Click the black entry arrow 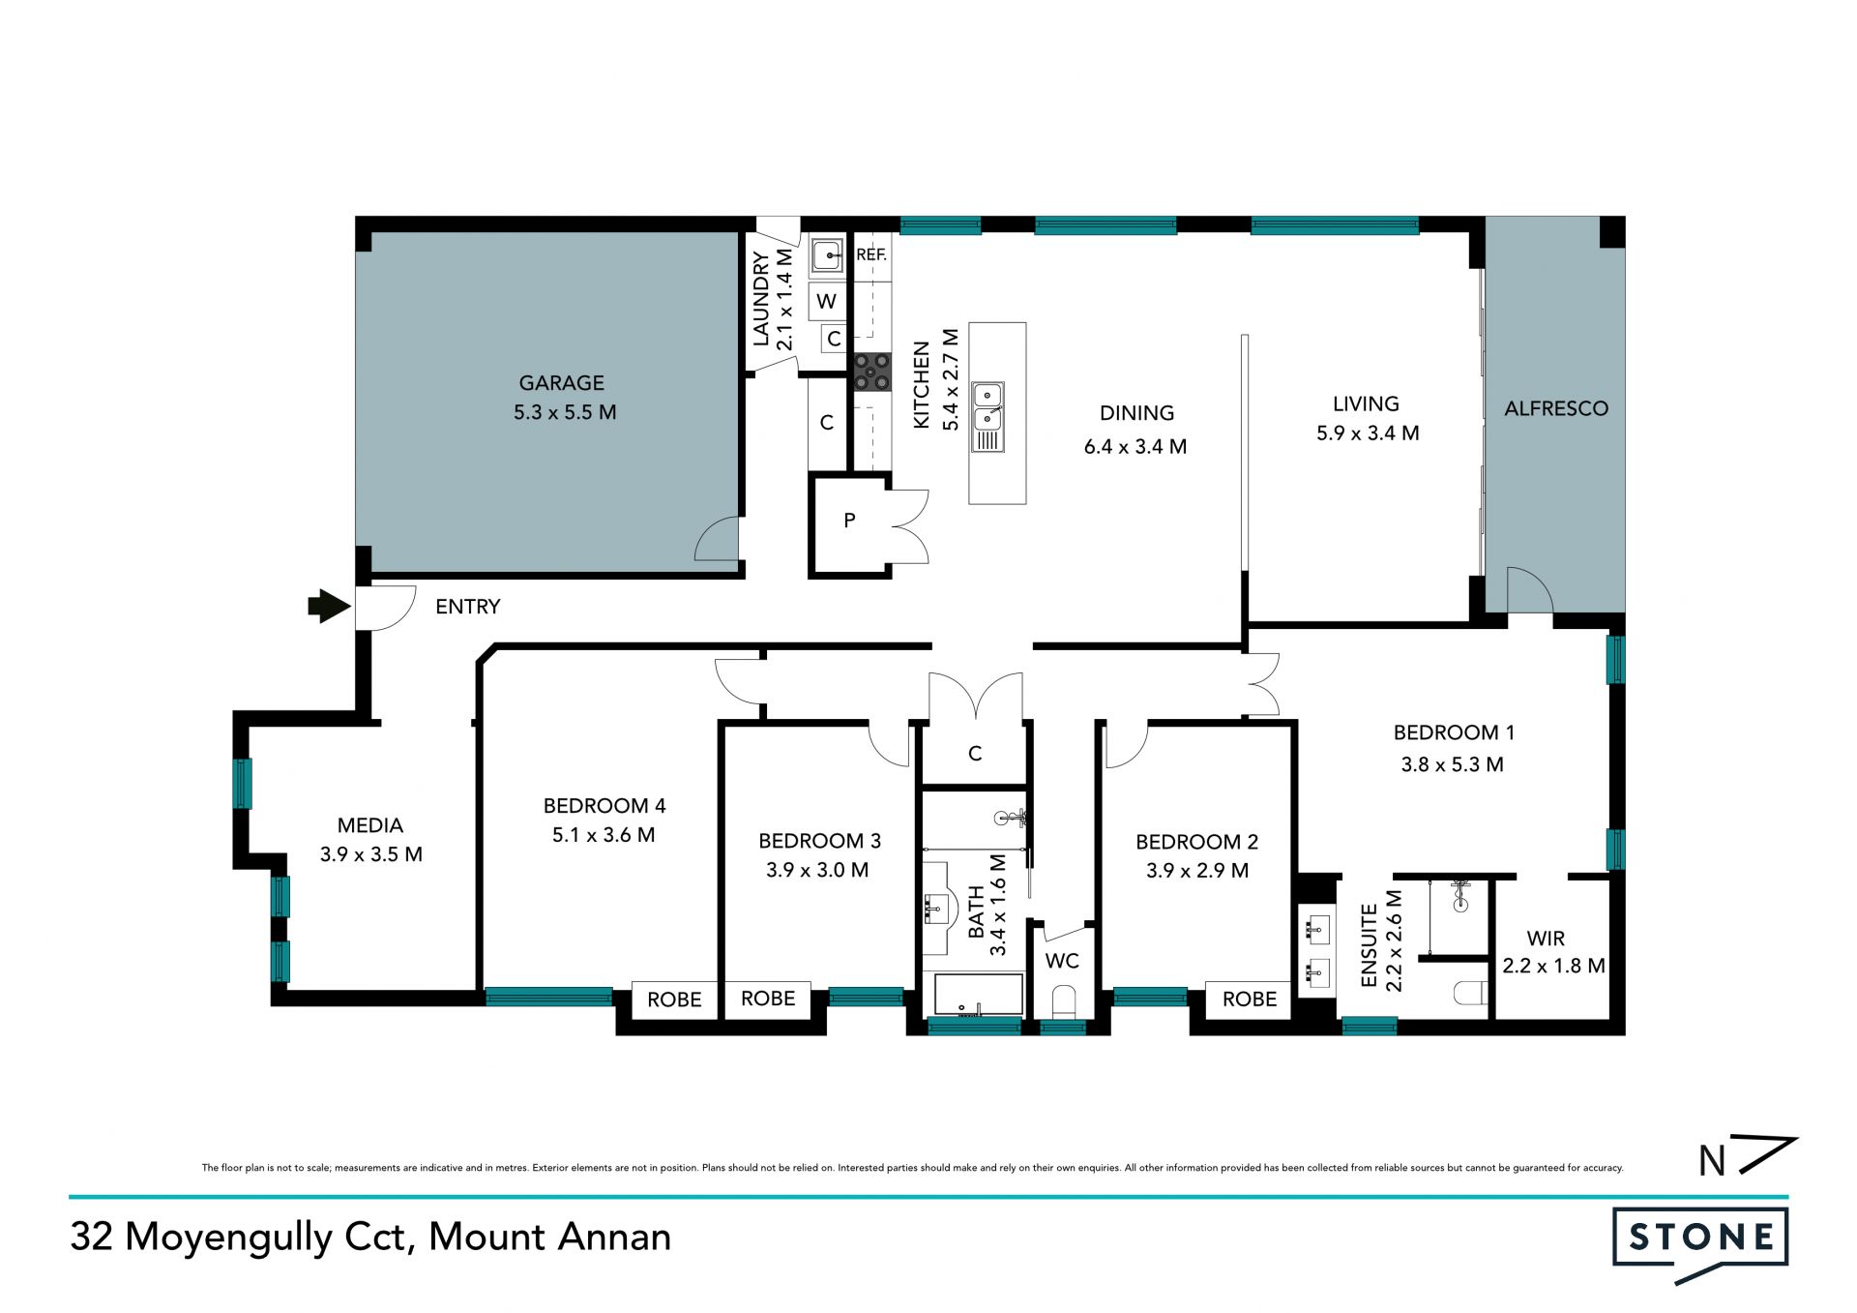click(329, 607)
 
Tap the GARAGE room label click(562, 383)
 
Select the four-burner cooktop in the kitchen click(871, 373)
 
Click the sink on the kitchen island click(987, 417)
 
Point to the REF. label click(871, 254)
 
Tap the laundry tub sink click(827, 256)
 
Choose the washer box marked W click(827, 301)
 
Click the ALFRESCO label click(1556, 409)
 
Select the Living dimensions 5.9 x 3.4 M click(1368, 433)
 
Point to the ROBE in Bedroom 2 click(1250, 1000)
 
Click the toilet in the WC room click(1062, 1002)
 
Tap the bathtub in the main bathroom click(978, 995)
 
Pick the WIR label click(1546, 939)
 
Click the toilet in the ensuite click(1470, 993)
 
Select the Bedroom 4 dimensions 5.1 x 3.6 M click(604, 835)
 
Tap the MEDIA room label click(370, 825)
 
